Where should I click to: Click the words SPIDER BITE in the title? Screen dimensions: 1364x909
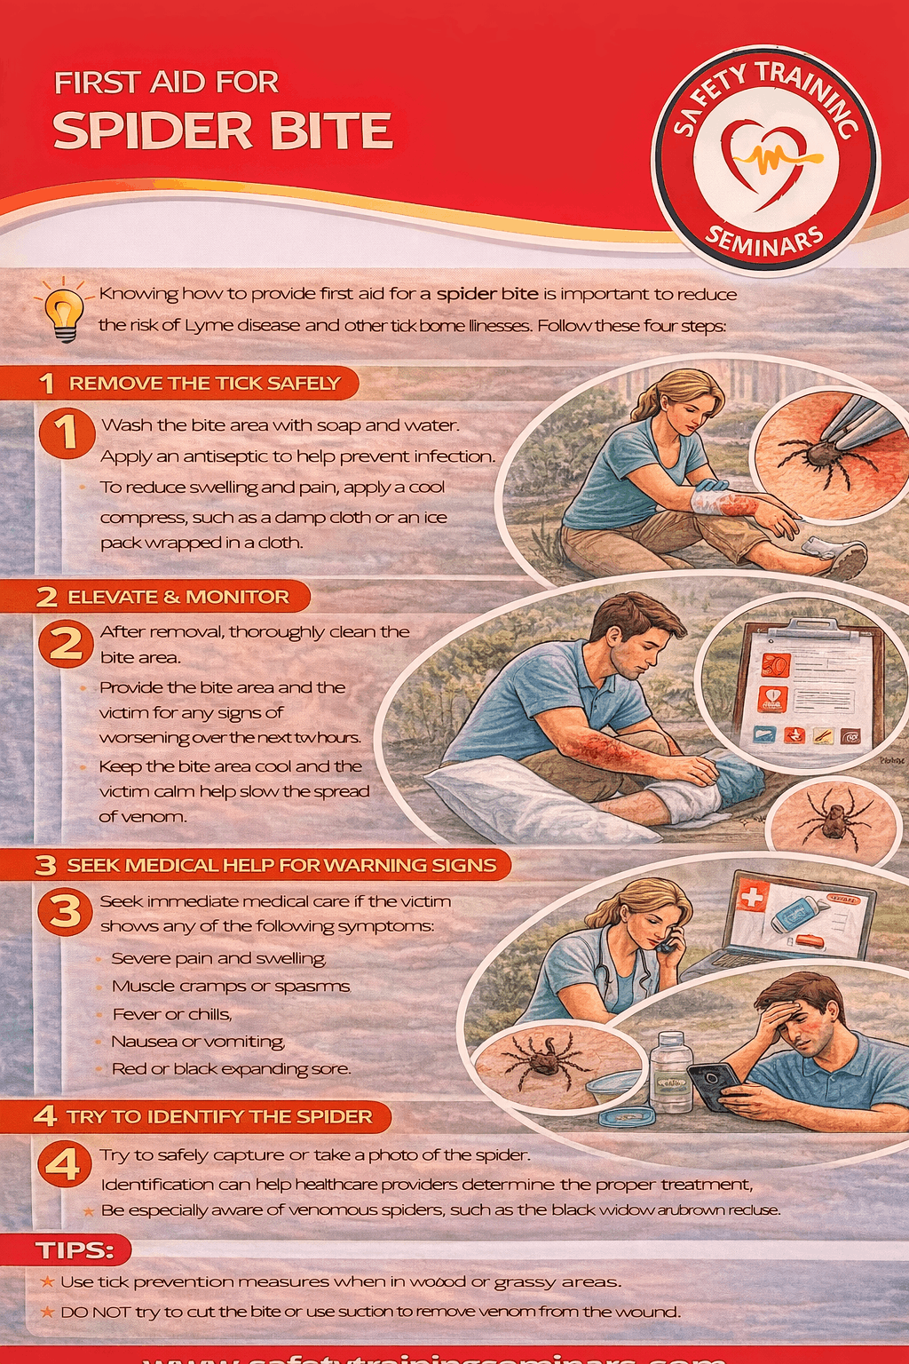[x=222, y=131]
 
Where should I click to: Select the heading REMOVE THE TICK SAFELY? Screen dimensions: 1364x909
[x=204, y=384]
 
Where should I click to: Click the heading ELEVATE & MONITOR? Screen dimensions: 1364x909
[x=178, y=597]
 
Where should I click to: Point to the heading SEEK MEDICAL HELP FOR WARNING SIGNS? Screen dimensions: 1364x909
[x=281, y=865]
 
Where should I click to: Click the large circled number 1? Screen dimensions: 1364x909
[x=67, y=433]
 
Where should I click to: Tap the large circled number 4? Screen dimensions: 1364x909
[x=64, y=1164]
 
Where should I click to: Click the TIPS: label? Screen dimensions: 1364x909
[x=75, y=1251]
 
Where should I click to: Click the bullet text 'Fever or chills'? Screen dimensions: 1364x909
[x=171, y=1014]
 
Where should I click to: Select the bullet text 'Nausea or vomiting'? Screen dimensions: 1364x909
[x=197, y=1042]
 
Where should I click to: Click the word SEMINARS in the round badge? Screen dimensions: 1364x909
[x=764, y=241]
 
